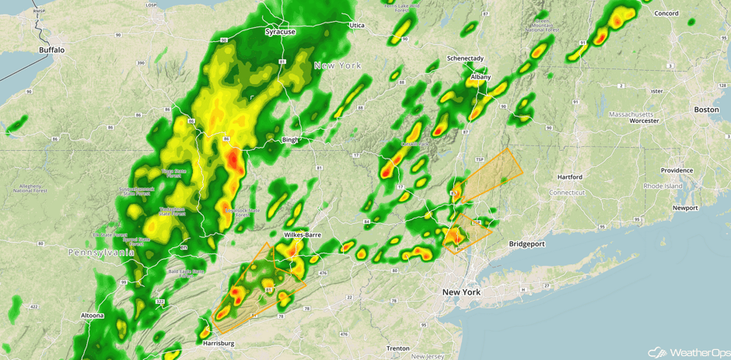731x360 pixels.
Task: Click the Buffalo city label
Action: [51, 50]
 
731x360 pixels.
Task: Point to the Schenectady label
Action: [465, 58]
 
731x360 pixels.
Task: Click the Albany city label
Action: [481, 77]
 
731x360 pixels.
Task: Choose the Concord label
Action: [666, 13]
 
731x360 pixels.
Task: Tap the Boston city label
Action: [706, 110]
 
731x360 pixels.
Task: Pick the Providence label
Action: [677, 170]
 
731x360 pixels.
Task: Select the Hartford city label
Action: [569, 177]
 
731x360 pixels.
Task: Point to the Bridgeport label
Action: [526, 243]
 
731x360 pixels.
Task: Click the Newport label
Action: [685, 208]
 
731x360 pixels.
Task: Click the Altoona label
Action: [91, 315]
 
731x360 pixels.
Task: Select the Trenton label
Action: [397, 348]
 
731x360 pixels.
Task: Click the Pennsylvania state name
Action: [101, 253]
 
